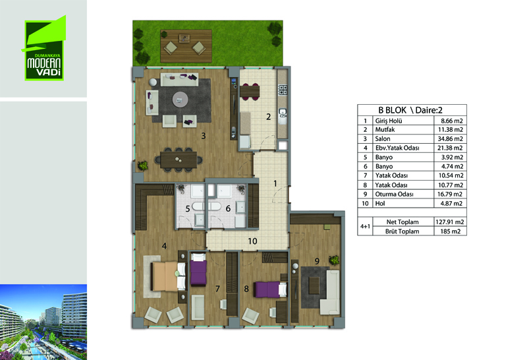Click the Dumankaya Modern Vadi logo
tap(44, 48)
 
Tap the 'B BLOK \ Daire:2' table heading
tap(410, 110)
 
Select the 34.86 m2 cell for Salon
tap(450, 138)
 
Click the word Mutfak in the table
tap(385, 129)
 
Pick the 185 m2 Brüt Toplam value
tap(450, 231)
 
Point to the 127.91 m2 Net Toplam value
tap(450, 222)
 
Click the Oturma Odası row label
tap(394, 194)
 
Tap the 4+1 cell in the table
tap(365, 226)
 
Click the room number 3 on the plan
tap(204, 136)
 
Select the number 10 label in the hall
tap(252, 241)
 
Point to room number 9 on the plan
tap(317, 260)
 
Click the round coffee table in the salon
tap(180, 100)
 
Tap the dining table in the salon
tap(179, 160)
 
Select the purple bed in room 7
tap(198, 270)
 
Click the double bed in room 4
tap(168, 276)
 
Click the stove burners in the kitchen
tap(283, 90)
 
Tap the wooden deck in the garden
tap(186, 46)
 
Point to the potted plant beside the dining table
tap(143, 165)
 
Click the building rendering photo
tap(43, 322)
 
